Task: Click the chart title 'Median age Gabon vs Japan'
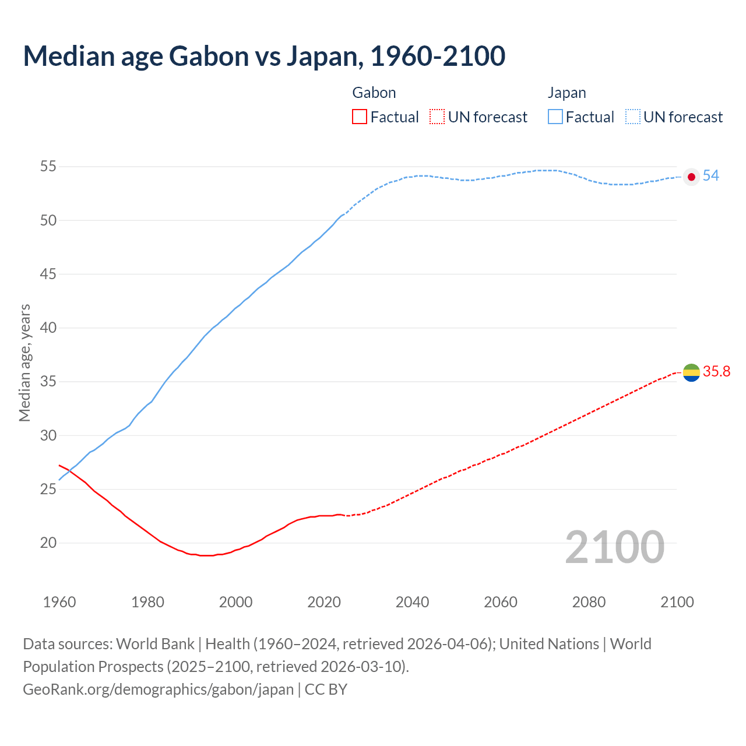[x=264, y=57]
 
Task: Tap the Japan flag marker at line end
[x=691, y=177]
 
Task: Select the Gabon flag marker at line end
[x=691, y=372]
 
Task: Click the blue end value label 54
[x=710, y=176]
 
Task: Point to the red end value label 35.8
[x=716, y=372]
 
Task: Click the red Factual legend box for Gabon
[x=360, y=117]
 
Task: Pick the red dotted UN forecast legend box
[x=437, y=117]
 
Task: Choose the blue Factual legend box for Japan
[x=555, y=117]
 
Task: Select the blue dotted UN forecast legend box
[x=632, y=117]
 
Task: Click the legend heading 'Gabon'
[x=374, y=93]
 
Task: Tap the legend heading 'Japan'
[x=566, y=93]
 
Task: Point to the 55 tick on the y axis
[x=48, y=167]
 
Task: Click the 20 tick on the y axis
[x=48, y=543]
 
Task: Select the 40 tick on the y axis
[x=48, y=328]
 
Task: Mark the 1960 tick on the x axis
[x=59, y=602]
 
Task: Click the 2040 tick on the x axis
[x=412, y=602]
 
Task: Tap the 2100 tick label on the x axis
[x=677, y=602]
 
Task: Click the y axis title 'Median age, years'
[x=24, y=363]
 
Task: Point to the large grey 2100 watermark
[x=615, y=547]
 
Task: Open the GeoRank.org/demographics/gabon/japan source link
[x=158, y=689]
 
